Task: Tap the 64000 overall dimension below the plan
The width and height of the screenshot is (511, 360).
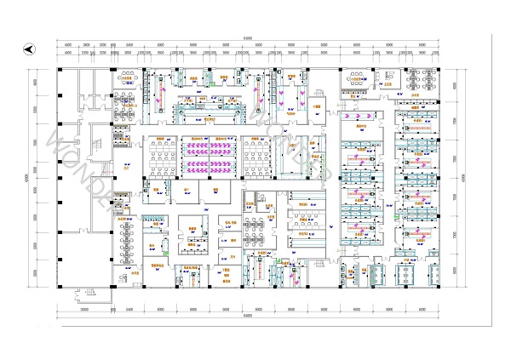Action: [247, 316]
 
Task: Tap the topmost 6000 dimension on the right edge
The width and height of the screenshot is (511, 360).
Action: [455, 85]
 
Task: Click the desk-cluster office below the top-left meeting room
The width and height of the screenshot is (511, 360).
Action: [127, 111]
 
